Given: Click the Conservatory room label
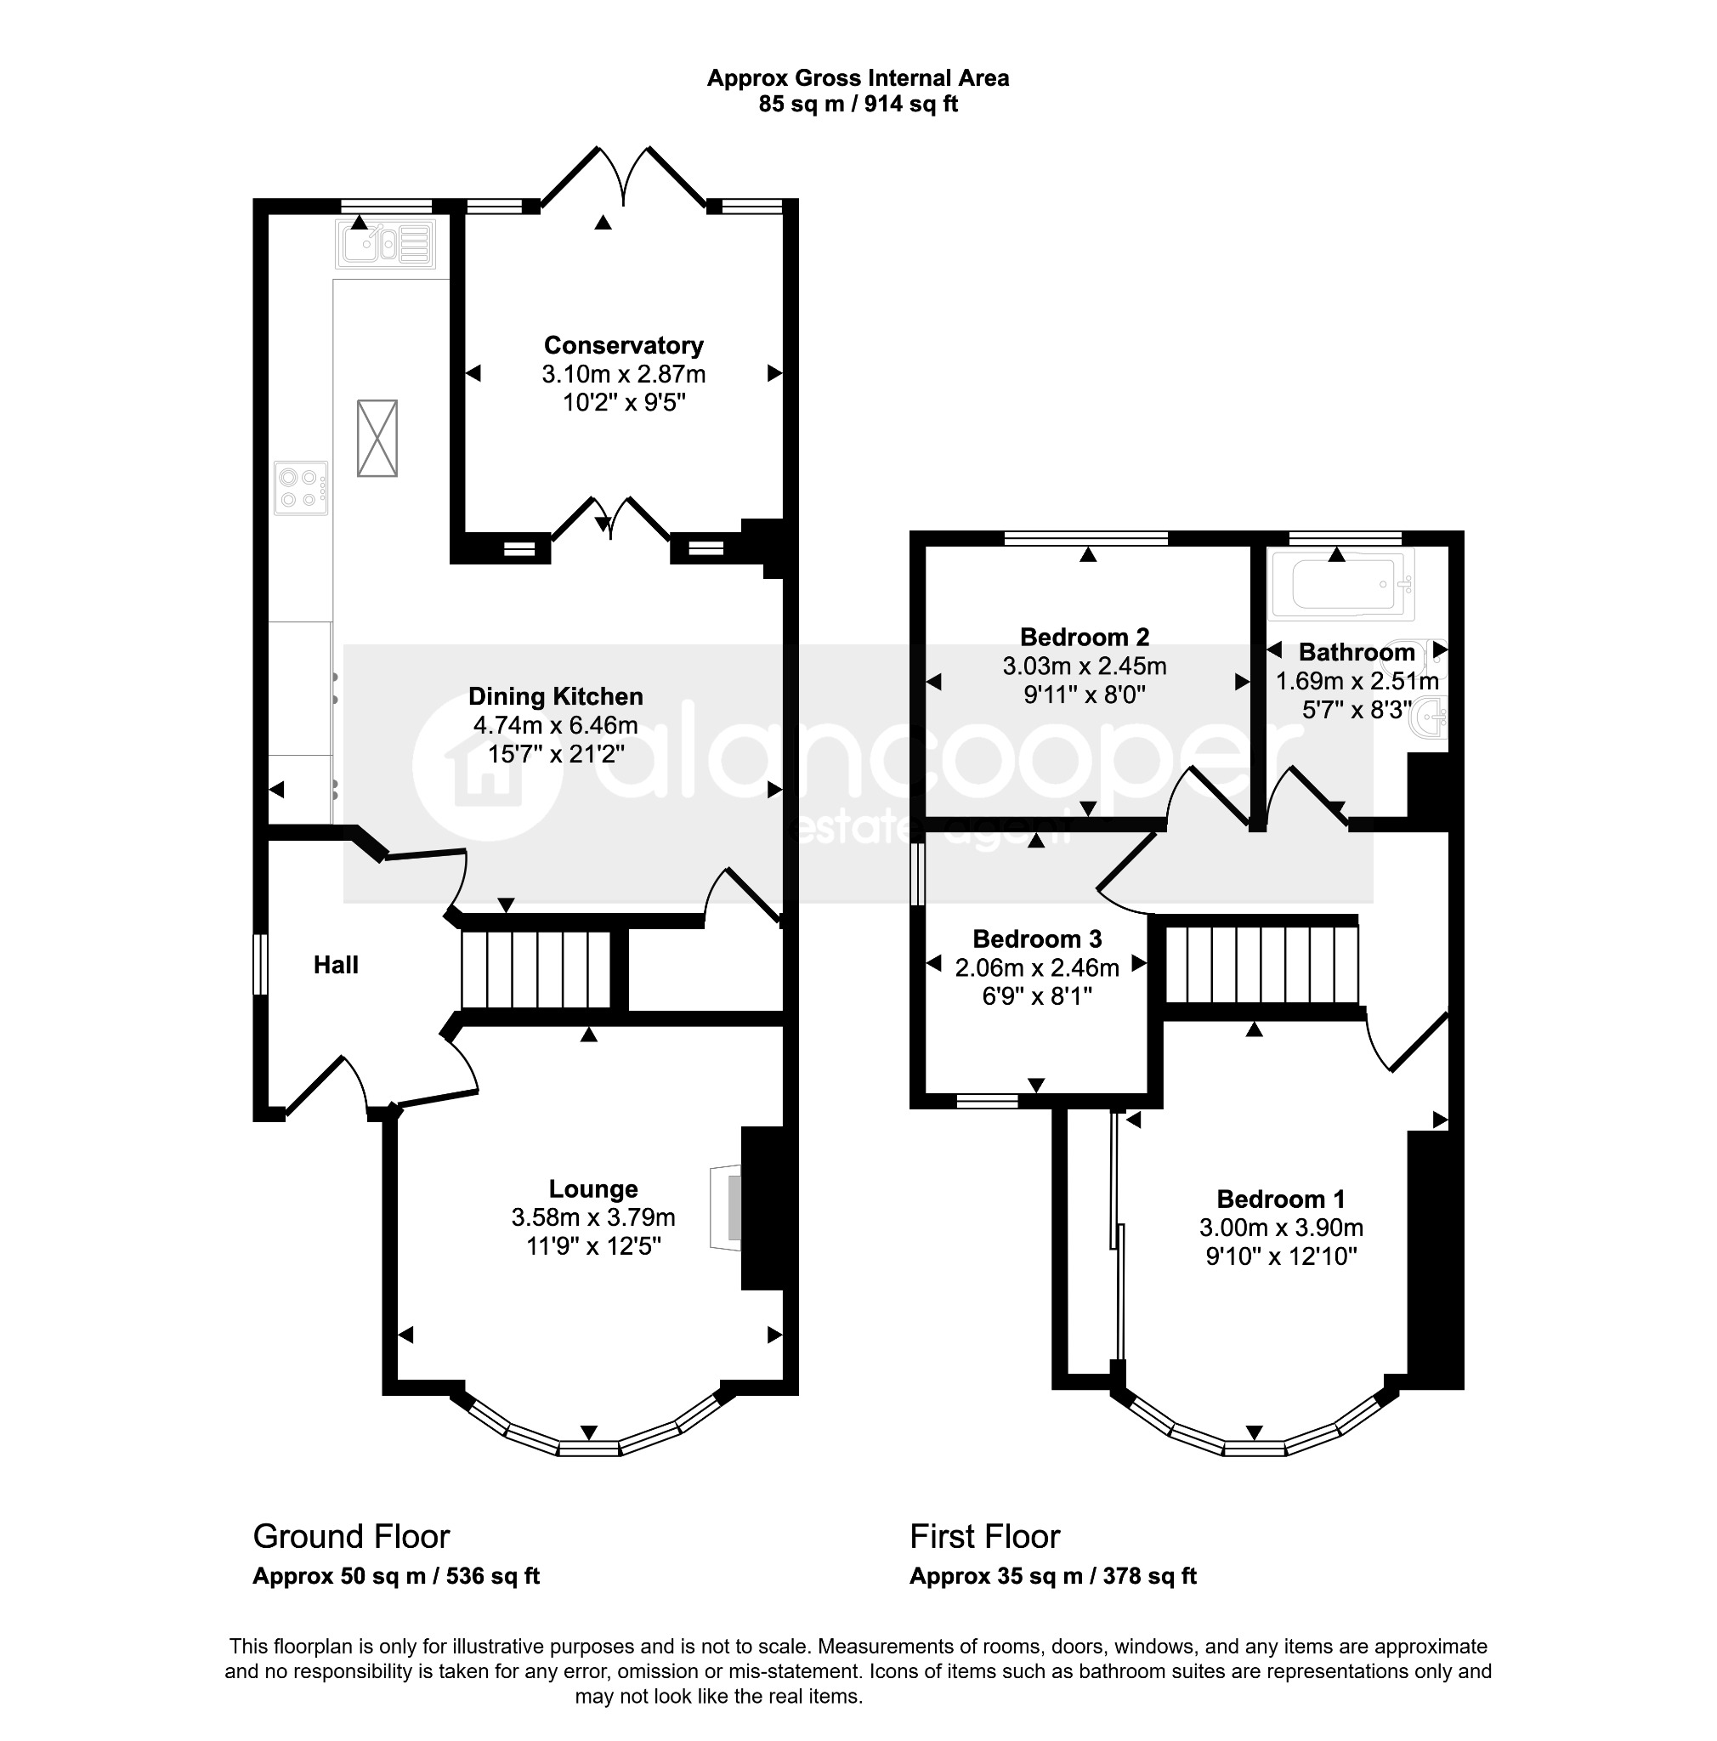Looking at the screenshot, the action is pos(622,345).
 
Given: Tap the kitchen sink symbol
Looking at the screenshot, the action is pos(385,243).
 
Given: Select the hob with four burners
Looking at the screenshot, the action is pos(301,487).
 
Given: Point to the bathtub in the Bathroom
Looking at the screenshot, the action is pos(1340,584).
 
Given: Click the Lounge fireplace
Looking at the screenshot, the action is pos(726,1207).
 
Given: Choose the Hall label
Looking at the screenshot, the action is pos(336,965).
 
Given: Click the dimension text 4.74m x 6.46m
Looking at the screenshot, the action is pos(555,724).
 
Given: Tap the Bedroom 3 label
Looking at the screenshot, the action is pos(1037,939).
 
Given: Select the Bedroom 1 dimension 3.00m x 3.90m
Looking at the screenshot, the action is pos(1280,1228).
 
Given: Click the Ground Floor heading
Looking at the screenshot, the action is pos(351,1536).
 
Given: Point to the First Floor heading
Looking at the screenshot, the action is pos(984,1536).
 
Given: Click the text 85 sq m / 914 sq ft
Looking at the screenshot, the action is pos(858,105).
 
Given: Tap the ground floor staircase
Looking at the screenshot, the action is pos(537,969).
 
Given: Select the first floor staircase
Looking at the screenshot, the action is pos(1261,964).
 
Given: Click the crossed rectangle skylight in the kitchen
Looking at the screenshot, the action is pos(377,437).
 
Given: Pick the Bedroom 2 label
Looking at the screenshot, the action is pos(1084,637).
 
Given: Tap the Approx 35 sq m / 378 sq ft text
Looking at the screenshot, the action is pos(1053,1576).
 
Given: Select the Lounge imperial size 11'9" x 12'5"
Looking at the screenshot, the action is pos(593,1246).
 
